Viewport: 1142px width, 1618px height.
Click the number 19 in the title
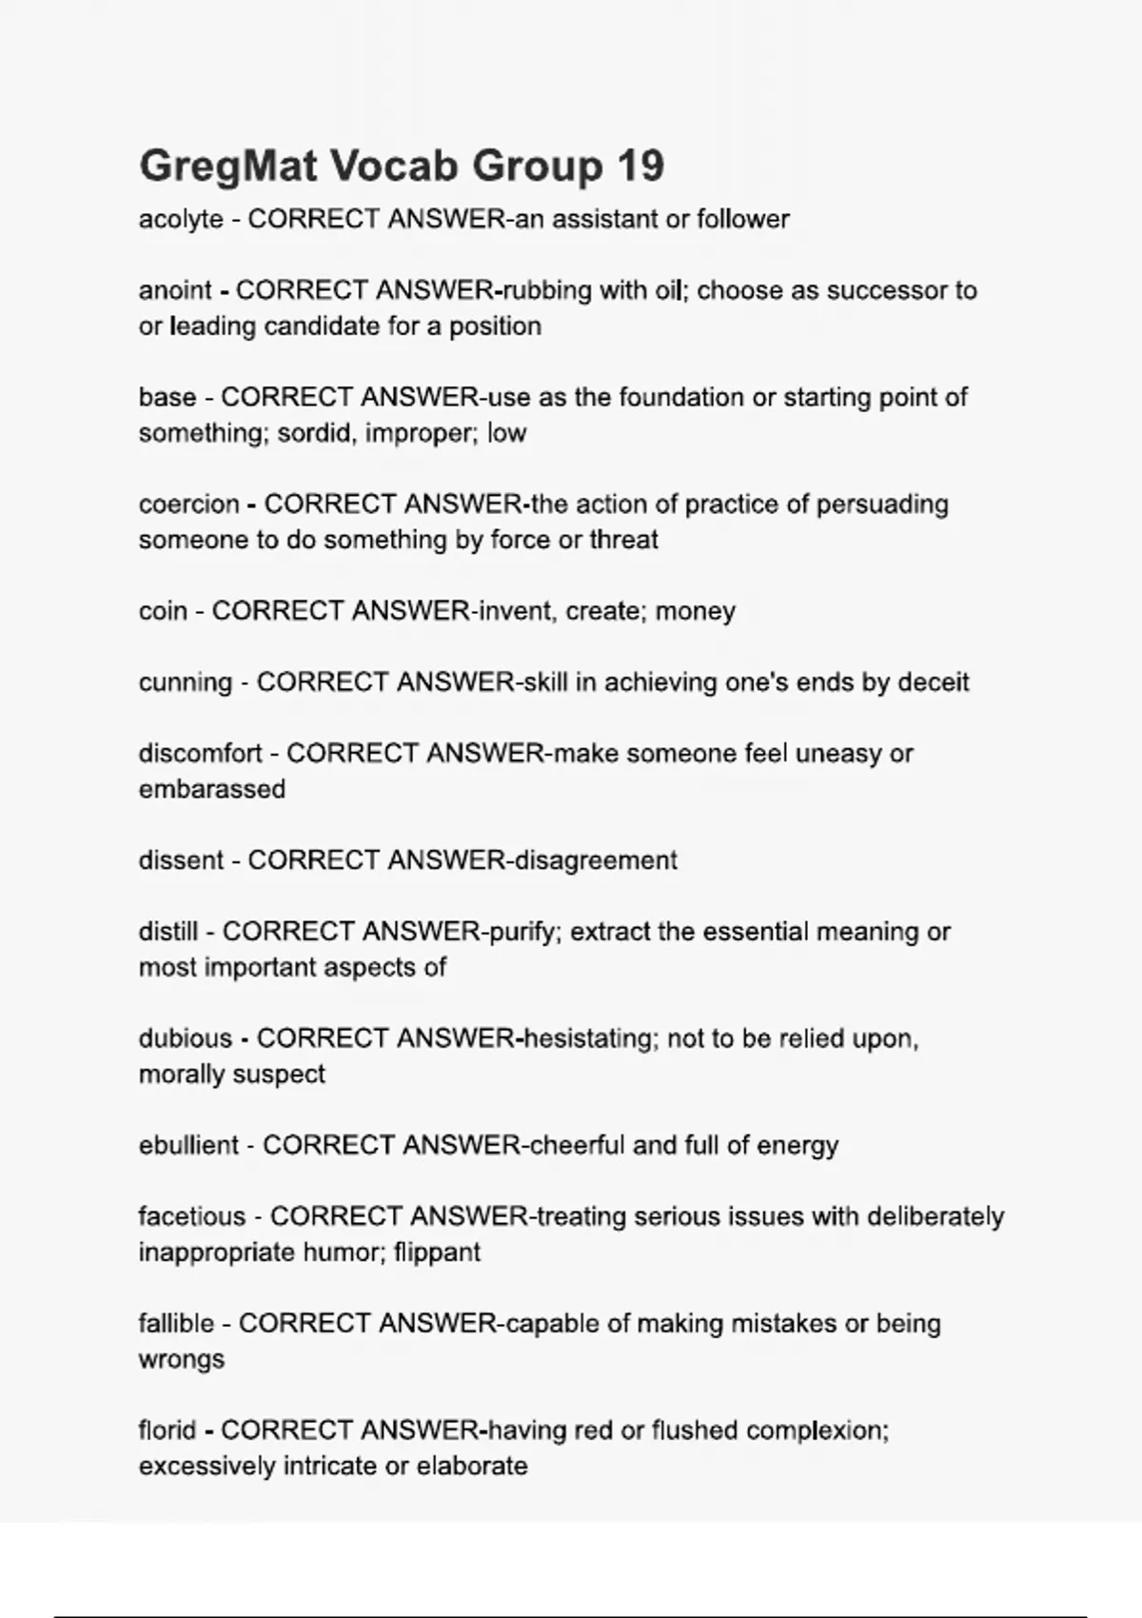pos(640,167)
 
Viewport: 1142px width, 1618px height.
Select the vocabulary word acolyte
pos(181,220)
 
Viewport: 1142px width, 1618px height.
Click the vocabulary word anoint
pos(175,290)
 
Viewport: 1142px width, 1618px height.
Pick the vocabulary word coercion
pos(188,503)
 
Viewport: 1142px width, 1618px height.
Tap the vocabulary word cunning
pos(185,682)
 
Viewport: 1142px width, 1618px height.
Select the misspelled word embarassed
pos(211,789)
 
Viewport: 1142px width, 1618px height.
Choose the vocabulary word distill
pos(168,931)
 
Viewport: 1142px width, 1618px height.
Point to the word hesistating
pos(590,1038)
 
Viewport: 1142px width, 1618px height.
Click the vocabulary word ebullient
pos(188,1145)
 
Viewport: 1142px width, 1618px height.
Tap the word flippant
pos(437,1252)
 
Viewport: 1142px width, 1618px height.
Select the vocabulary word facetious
pos(192,1216)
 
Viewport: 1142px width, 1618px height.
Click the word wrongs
pos(181,1359)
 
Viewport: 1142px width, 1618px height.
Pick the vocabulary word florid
pos(167,1431)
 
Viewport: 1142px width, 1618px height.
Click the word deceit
pos(934,682)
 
